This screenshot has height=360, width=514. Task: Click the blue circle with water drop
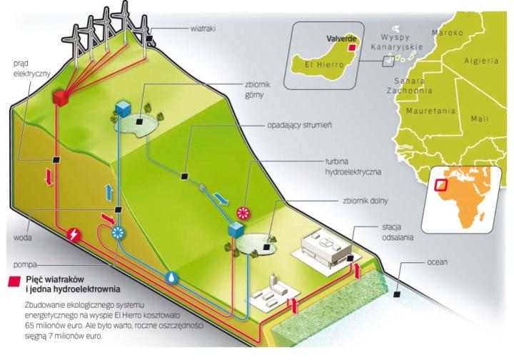point(172,277)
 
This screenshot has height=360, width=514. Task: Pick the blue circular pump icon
point(118,233)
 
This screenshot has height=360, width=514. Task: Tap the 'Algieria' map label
point(480,61)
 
